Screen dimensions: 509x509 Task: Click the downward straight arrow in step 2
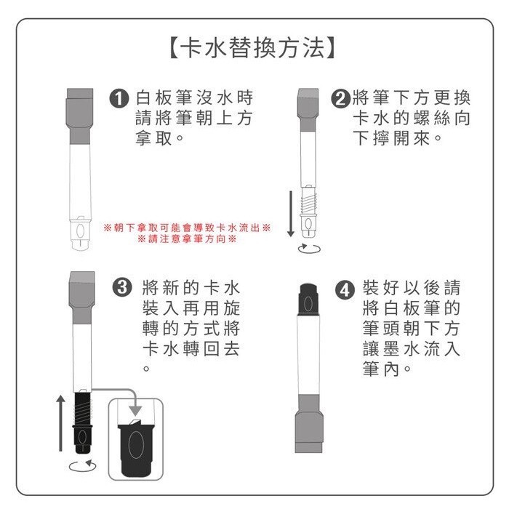click(x=290, y=212)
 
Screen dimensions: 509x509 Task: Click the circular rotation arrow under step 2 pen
click(x=308, y=249)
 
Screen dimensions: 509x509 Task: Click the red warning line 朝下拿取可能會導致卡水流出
click(x=188, y=228)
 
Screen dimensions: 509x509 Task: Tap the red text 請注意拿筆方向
click(x=188, y=239)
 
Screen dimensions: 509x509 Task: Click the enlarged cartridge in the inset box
click(x=138, y=444)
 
